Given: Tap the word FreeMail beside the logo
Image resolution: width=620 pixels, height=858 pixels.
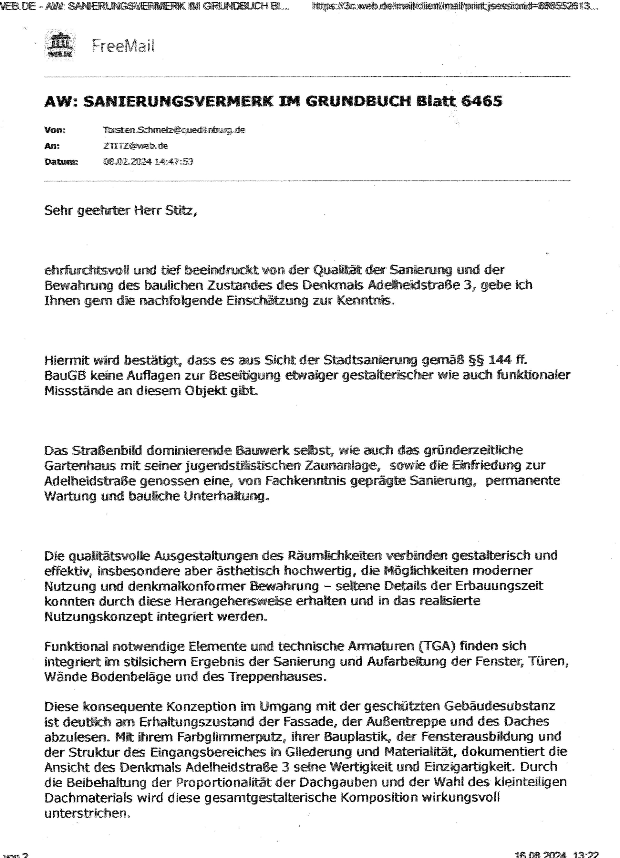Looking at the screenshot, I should [123, 46].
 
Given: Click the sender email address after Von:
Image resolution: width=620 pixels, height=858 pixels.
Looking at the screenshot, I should [174, 130].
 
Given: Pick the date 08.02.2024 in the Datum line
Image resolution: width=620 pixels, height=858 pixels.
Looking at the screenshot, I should [127, 161].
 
